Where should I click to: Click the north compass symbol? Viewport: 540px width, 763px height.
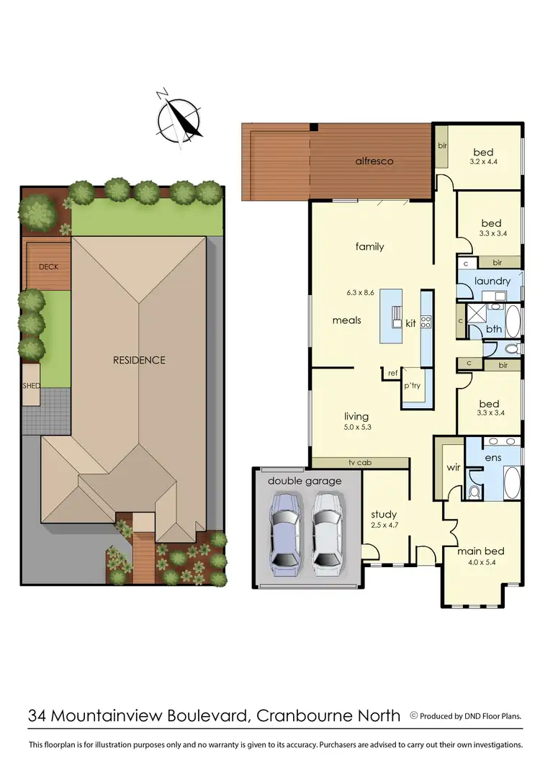180,119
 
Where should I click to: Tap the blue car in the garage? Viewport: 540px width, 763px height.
285,530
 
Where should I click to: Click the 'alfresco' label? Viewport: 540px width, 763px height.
374,161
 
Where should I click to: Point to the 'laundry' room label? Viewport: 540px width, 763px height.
492,281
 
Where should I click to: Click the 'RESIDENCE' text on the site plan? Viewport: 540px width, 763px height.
138,360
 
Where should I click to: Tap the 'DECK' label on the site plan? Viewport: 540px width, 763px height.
48,267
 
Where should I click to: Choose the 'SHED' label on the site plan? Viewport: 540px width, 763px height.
31,387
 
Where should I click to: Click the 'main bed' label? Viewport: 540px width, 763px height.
481,551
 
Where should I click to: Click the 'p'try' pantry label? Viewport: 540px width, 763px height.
412,387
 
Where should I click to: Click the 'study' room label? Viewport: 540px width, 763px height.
384,514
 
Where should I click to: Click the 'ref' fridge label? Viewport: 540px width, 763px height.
392,373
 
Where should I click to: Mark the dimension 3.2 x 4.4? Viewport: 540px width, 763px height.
483,162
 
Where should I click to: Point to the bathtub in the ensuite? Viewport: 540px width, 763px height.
510,482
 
